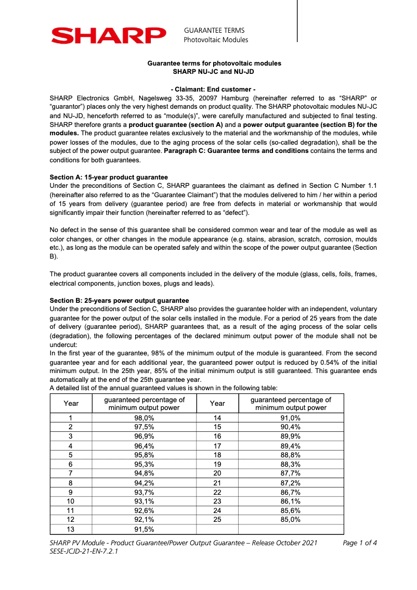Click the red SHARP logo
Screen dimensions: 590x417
(108, 35)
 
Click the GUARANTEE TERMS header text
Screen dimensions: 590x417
(214, 31)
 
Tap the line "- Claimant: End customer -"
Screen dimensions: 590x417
(213, 89)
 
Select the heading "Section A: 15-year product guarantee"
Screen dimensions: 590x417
(109, 177)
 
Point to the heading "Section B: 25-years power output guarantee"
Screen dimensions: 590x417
(119, 301)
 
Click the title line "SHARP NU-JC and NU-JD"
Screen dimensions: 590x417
(213, 71)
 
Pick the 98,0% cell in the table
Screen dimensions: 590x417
(144, 418)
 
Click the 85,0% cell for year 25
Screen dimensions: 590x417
(291, 519)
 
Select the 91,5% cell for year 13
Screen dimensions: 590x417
(144, 530)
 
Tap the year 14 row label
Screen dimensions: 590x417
(217, 418)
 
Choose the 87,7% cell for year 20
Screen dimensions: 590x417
(291, 473)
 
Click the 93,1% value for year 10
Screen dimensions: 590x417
(144, 502)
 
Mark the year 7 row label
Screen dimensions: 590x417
(71, 473)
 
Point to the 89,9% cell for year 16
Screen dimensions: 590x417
(291, 437)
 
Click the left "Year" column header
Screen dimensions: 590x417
(71, 403)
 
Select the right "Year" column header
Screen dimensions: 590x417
(217, 403)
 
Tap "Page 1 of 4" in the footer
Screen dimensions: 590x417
(360, 543)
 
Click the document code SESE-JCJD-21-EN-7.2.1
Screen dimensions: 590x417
(84, 552)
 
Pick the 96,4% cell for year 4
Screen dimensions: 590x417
(144, 446)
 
